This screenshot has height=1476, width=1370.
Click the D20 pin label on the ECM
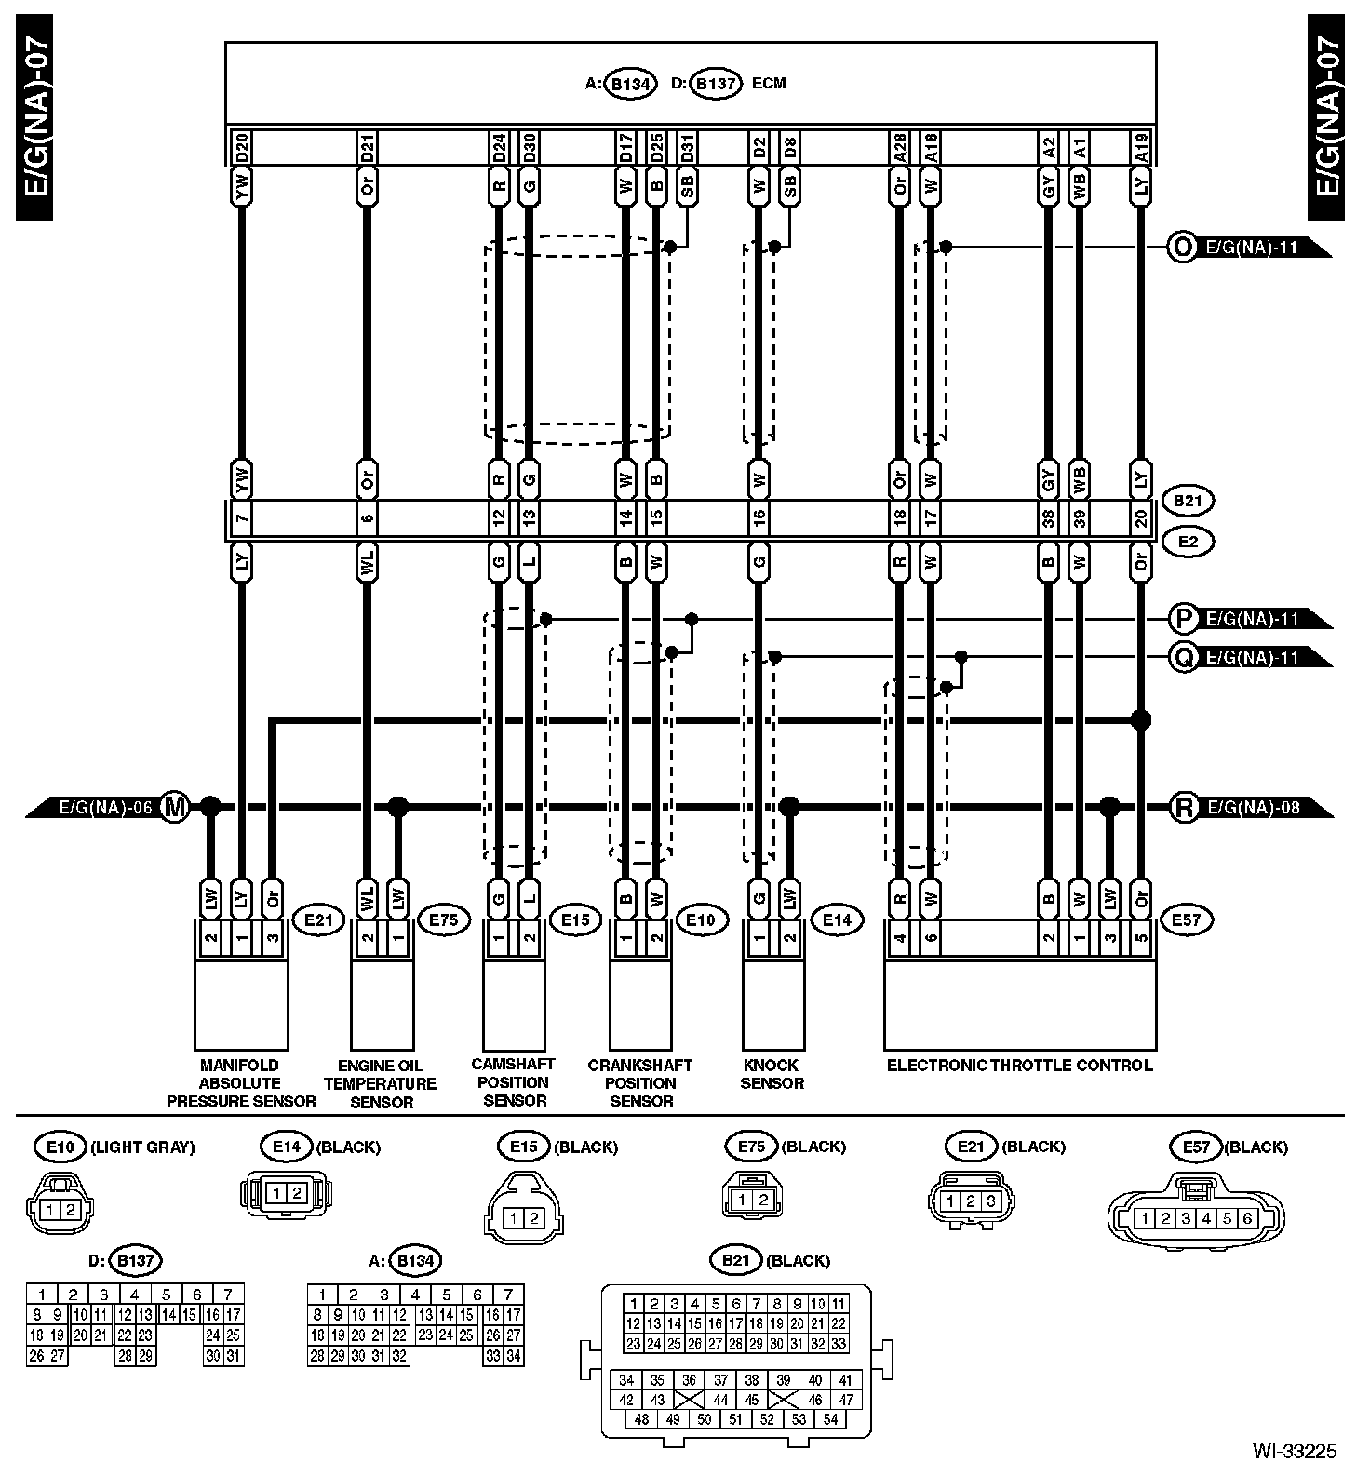(x=241, y=147)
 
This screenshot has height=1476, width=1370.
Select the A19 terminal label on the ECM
(x=1141, y=147)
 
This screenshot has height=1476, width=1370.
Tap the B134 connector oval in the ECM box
(x=631, y=84)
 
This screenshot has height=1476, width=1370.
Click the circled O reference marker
(x=1182, y=248)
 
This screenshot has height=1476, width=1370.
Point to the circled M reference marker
(x=174, y=806)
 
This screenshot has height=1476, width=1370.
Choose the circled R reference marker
(x=1184, y=807)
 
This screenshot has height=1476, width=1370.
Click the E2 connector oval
(x=1188, y=542)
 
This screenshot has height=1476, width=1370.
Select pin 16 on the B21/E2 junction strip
(x=759, y=517)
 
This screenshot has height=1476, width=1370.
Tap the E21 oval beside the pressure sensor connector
(x=318, y=920)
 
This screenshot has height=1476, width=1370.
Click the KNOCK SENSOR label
(x=772, y=1074)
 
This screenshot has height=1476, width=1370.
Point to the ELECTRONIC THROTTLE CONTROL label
(x=1019, y=1065)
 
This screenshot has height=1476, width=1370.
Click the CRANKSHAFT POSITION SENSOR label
(x=640, y=1082)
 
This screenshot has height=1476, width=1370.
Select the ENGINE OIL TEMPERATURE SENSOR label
(x=381, y=1083)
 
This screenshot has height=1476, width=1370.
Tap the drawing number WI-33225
(x=1294, y=1451)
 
